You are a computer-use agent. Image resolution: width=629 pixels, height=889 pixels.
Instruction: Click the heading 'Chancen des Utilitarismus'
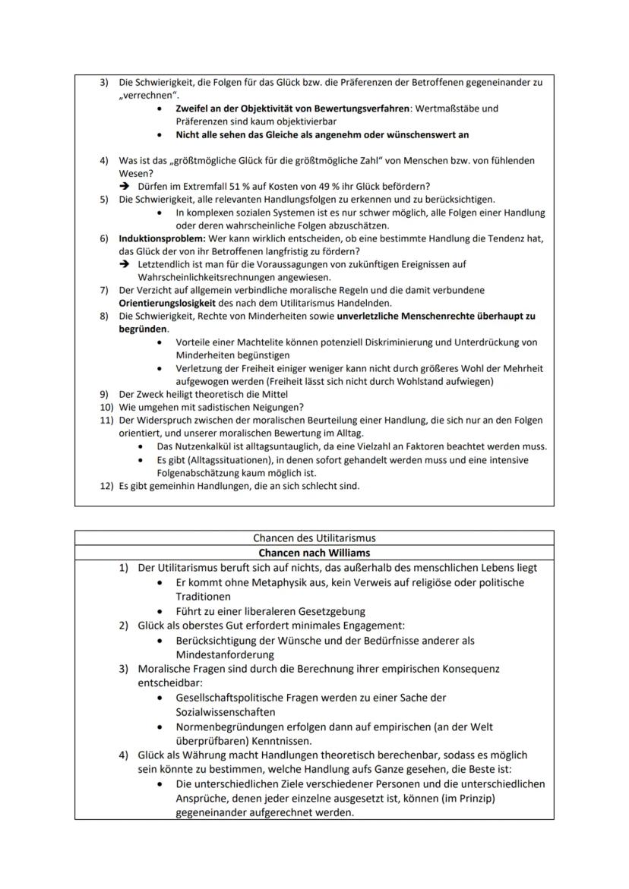(x=314, y=538)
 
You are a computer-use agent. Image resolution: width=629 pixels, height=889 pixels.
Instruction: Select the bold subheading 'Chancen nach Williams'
(x=314, y=553)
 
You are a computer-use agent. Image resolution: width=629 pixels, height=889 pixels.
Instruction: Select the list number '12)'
(x=106, y=486)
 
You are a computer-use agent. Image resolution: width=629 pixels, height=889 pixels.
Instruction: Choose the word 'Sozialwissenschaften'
(x=225, y=712)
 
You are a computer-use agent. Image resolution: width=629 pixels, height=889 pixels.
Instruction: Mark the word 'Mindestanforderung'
(x=224, y=654)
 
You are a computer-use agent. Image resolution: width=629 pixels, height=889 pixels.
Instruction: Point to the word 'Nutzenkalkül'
(x=199, y=446)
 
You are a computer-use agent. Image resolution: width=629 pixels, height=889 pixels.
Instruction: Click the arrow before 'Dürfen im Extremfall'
(x=125, y=187)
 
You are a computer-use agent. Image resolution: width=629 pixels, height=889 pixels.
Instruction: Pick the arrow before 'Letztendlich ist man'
(x=125, y=264)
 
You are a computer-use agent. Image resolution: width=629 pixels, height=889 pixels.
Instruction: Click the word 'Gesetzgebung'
(x=330, y=611)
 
